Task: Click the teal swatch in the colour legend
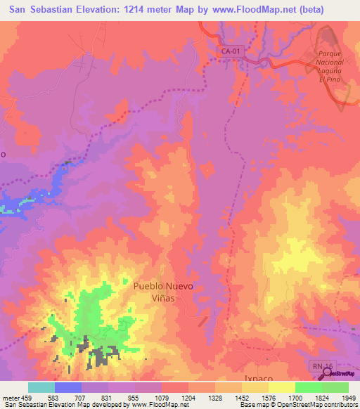coord(41,387)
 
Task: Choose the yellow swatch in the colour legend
coord(281,387)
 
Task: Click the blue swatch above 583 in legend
coord(68,387)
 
